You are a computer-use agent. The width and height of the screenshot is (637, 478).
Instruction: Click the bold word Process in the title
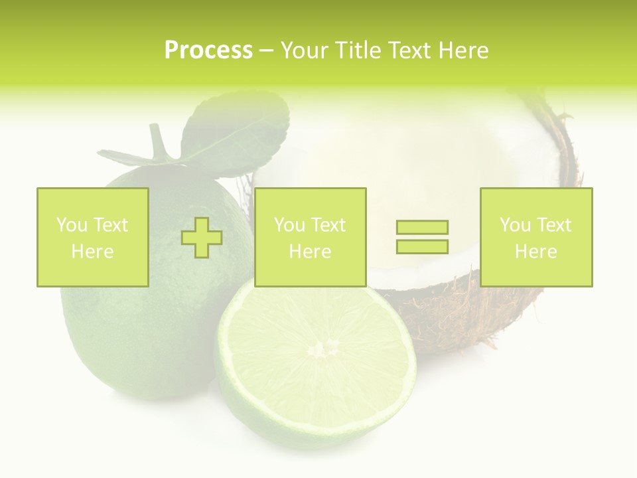click(x=208, y=50)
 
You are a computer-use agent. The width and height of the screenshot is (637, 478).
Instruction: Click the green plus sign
click(x=202, y=237)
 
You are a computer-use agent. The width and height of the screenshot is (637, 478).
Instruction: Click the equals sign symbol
click(x=422, y=237)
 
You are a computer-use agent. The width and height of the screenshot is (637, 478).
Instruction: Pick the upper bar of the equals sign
click(x=422, y=228)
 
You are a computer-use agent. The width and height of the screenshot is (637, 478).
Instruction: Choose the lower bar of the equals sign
click(x=422, y=246)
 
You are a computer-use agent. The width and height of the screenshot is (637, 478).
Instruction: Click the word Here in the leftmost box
click(x=92, y=252)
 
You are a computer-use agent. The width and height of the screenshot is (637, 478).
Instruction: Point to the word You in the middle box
click(x=289, y=225)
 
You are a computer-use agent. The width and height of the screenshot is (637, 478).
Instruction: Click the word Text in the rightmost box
click(x=553, y=225)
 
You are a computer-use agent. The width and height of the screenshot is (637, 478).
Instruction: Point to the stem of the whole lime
click(x=158, y=141)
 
